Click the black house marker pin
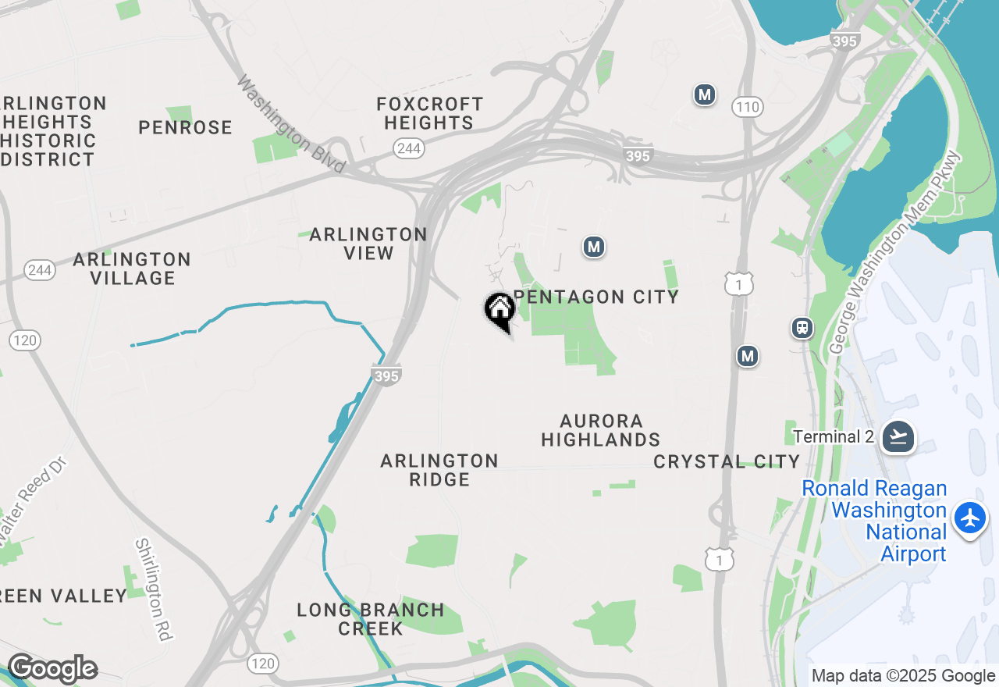click(x=499, y=311)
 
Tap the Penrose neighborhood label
click(x=186, y=127)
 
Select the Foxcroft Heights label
click(x=429, y=113)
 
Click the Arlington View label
click(x=368, y=244)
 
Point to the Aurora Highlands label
click(x=601, y=430)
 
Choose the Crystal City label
click(x=727, y=461)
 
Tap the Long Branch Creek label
click(x=371, y=618)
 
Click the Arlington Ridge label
click(x=439, y=470)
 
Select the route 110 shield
click(x=748, y=107)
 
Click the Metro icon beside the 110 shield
click(x=705, y=95)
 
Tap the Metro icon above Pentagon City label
click(x=594, y=247)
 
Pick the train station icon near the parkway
click(x=802, y=328)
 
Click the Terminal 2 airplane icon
click(x=898, y=436)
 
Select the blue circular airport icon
click(x=970, y=518)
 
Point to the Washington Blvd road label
click(x=291, y=125)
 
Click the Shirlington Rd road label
click(x=153, y=589)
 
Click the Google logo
click(x=52, y=669)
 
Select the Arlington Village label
click(x=133, y=269)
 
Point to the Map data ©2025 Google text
click(x=903, y=676)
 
